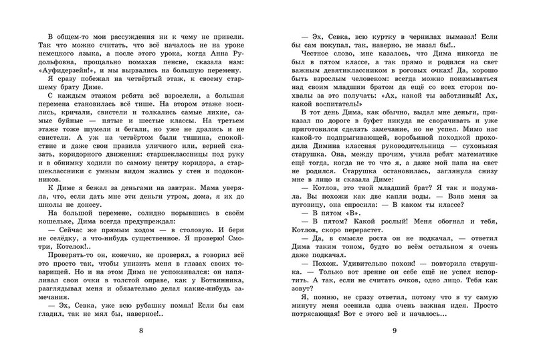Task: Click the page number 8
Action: (139, 332)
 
